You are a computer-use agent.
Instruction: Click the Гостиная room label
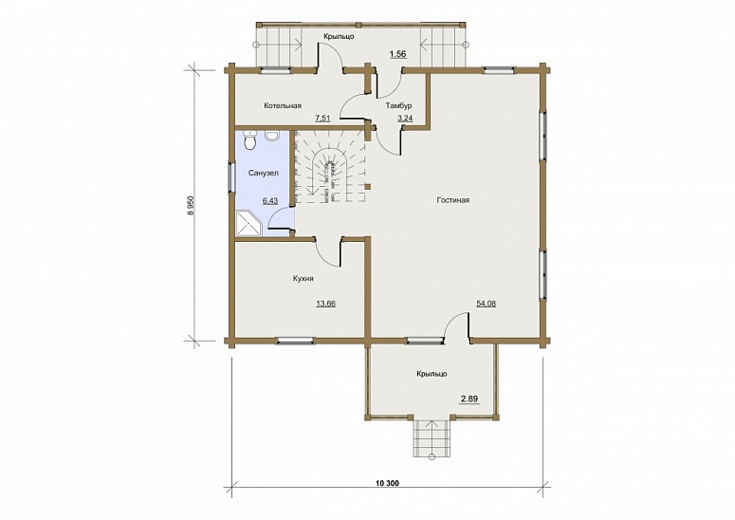[452, 200]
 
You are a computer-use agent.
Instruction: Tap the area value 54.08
[487, 304]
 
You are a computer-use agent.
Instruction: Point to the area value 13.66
[325, 304]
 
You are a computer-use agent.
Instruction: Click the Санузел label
[263, 173]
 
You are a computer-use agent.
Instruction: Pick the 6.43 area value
[270, 201]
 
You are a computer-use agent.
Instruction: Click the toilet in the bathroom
[250, 139]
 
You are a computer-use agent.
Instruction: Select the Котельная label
[283, 105]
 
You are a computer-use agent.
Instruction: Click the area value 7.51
[322, 119]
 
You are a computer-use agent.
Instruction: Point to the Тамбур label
[399, 105]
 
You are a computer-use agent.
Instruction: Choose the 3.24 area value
[405, 119]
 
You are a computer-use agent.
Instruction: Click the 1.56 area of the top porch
[397, 54]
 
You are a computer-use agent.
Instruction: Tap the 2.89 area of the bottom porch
[469, 399]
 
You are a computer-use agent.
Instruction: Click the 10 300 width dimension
[387, 483]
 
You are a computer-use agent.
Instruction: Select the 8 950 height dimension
[191, 206]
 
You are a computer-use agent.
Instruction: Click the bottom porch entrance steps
[432, 438]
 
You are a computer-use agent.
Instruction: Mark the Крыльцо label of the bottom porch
[432, 374]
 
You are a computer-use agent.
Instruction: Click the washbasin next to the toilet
[271, 136]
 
